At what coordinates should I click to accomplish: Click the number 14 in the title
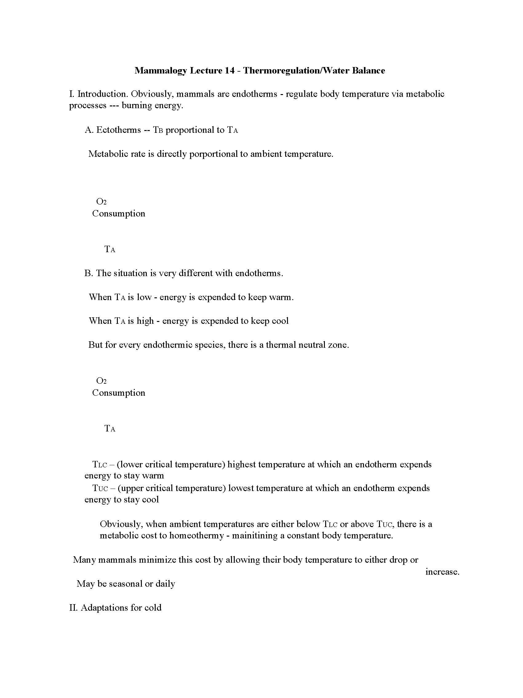230,70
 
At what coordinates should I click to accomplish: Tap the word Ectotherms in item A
118,130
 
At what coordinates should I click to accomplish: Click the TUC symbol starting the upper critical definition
100,488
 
